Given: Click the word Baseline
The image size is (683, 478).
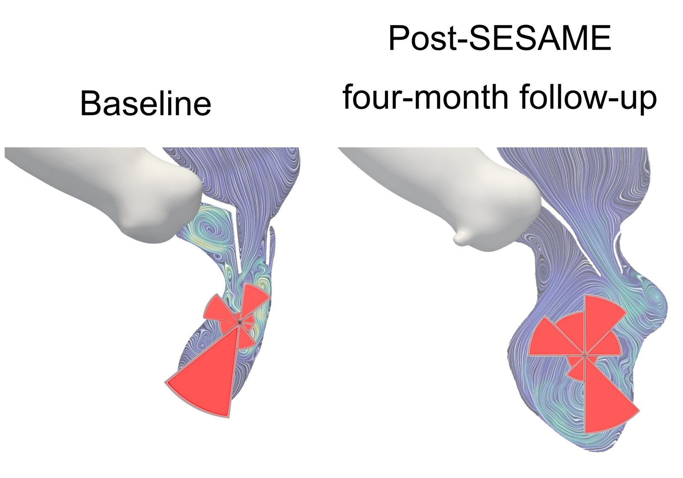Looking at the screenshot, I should coord(146,104).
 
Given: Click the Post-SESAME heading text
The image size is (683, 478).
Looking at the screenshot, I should coord(499,38).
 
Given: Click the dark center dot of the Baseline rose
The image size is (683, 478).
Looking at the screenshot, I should coord(240,322).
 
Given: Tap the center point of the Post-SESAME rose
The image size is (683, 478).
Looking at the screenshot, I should coord(585,354).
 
